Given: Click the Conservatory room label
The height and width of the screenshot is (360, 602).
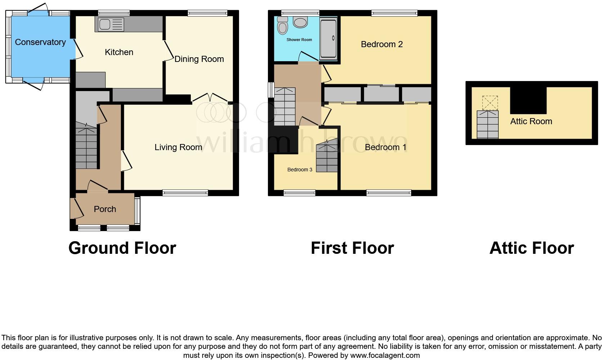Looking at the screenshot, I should click(40, 42).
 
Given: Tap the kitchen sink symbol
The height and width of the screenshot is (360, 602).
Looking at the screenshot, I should click(109, 24).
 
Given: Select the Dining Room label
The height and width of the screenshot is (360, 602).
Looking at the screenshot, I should click(199, 59).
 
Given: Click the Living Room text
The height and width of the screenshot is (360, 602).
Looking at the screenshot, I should click(178, 147).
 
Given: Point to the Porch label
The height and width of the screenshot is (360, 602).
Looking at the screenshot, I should click(105, 209).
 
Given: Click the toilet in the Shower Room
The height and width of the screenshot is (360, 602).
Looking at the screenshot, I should click(283, 27).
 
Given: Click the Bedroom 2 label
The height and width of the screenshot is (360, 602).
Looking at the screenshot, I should click(382, 44).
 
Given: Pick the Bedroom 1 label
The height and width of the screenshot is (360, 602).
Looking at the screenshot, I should click(385, 147).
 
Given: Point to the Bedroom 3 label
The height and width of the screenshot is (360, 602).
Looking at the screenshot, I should click(300, 170).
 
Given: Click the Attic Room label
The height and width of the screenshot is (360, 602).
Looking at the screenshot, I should click(531, 121).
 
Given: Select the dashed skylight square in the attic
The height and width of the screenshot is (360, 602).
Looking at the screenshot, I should click(490, 103).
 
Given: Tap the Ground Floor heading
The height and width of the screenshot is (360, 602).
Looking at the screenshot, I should click(122, 248).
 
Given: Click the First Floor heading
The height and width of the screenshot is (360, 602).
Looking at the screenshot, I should click(352, 248).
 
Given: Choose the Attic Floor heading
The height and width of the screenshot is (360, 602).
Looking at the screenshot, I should click(531, 248).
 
